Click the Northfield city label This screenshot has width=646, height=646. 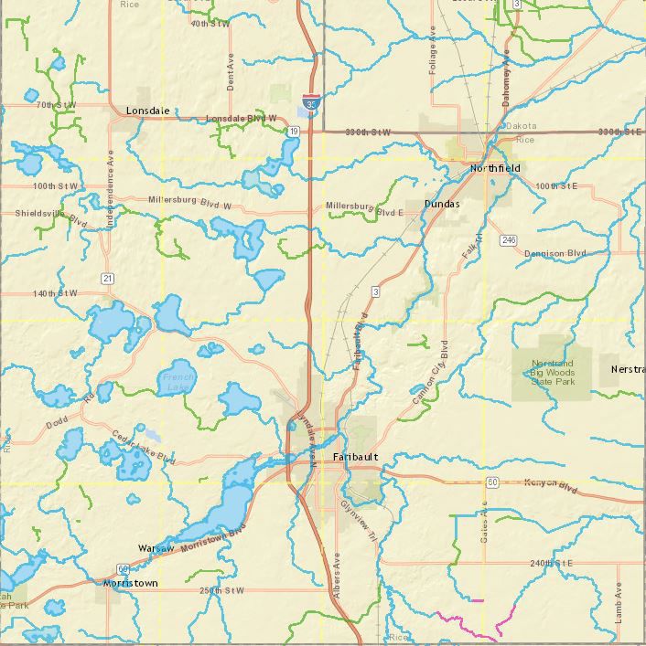point(495,169)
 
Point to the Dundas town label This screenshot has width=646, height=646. point(442,204)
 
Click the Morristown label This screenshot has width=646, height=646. point(130,583)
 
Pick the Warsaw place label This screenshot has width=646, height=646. point(156,547)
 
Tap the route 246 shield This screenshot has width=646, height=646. point(509,240)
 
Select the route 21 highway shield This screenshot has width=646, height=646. point(108,278)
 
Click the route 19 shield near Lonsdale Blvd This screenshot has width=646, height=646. point(293,132)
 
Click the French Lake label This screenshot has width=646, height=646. point(178,381)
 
